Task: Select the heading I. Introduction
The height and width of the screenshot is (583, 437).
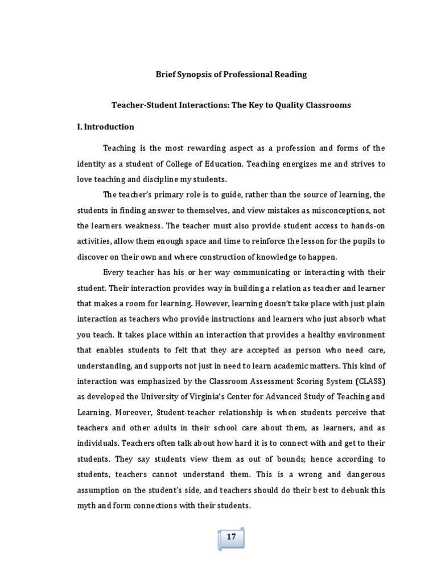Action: pos(105,126)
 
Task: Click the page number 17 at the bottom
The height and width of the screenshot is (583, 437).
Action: pos(232,536)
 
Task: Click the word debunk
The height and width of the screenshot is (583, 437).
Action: pos(354,490)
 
